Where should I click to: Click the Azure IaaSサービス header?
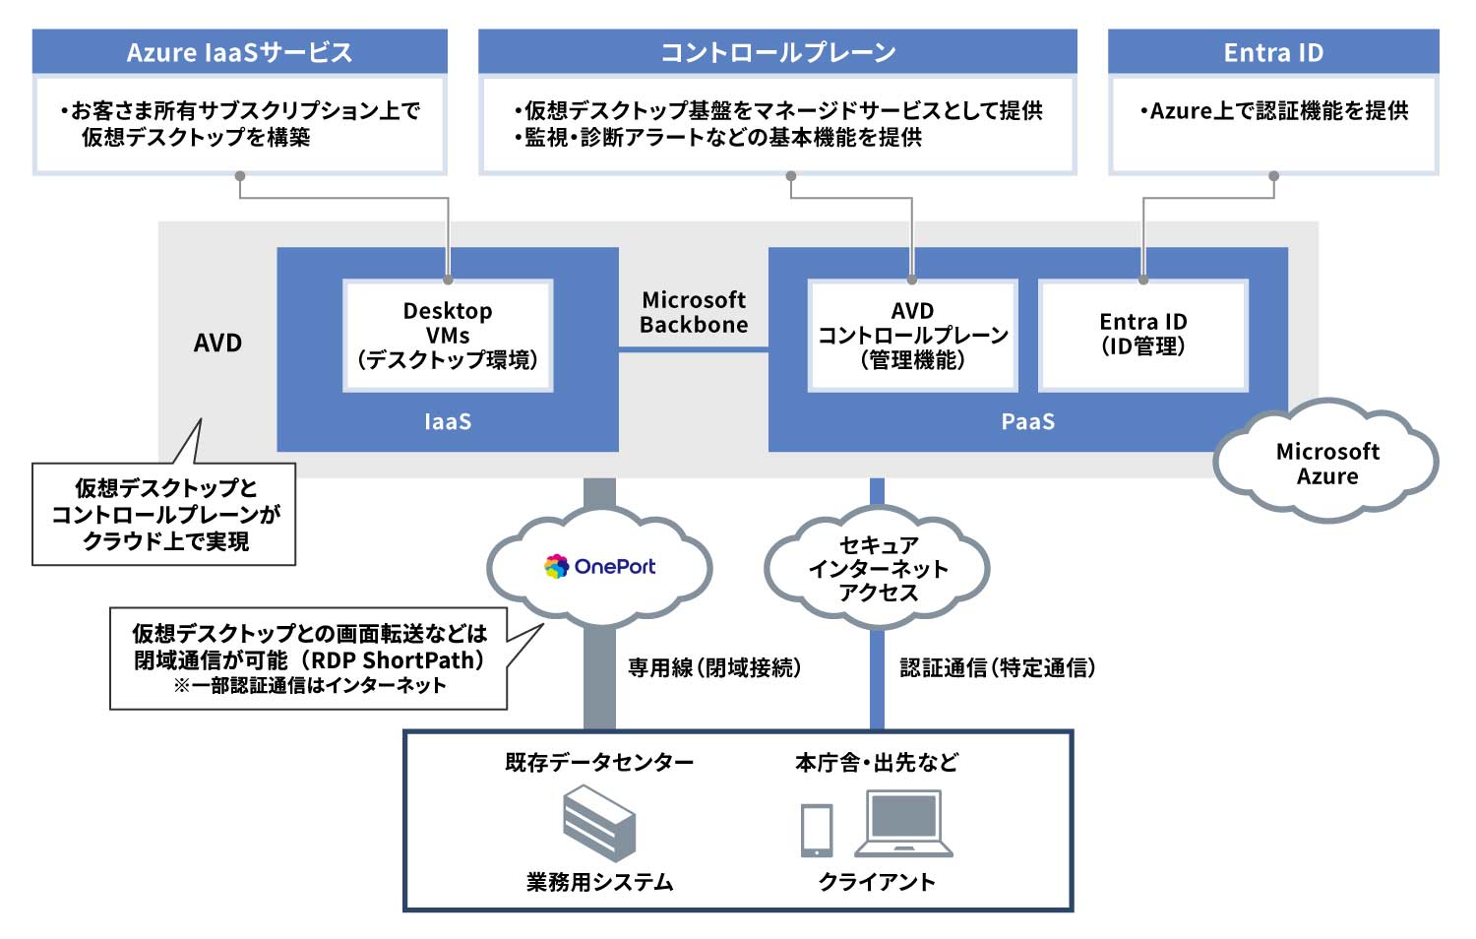click(239, 51)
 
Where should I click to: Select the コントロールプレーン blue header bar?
click(777, 51)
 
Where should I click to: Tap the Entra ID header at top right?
click(1273, 51)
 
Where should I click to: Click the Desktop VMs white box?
click(448, 336)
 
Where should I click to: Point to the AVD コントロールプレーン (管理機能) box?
click(912, 336)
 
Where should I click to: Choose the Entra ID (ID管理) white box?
click(1143, 335)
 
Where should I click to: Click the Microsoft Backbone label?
click(694, 312)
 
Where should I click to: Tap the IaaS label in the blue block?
click(448, 421)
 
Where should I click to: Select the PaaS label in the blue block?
click(1027, 421)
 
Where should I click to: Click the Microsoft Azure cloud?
click(1326, 463)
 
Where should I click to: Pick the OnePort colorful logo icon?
click(557, 566)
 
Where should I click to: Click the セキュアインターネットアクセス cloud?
click(878, 569)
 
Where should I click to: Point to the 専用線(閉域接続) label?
click(714, 667)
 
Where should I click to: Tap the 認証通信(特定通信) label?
click(997, 667)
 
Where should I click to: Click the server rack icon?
click(598, 822)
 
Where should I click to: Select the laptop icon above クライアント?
click(903, 824)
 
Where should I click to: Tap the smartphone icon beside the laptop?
click(816, 830)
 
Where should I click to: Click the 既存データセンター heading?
click(598, 762)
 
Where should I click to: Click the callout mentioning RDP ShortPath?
click(309, 658)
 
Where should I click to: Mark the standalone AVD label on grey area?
click(217, 343)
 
